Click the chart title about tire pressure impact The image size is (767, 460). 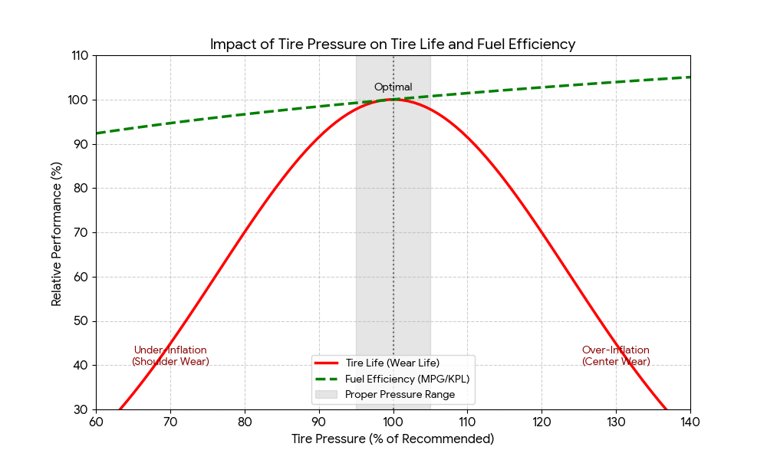pos(393,44)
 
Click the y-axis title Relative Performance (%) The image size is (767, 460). pos(57,233)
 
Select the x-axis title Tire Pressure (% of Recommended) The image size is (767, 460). pos(393,439)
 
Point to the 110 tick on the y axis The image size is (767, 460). pos(80,56)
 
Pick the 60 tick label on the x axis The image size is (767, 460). pos(96,422)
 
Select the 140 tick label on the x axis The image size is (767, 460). pos(690,422)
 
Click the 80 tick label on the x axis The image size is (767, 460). pos(245,422)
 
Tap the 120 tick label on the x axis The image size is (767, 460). pos(542,422)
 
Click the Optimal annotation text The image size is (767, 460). pos(393,87)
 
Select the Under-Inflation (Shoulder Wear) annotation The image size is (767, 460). pos(170,356)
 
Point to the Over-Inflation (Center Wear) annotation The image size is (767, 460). pos(616,356)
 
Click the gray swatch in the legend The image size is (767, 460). pos(326,395)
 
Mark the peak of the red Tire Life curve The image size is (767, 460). pos(393,99)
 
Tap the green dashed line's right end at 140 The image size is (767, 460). pos(690,77)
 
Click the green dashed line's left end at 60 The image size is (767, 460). pos(97,133)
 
